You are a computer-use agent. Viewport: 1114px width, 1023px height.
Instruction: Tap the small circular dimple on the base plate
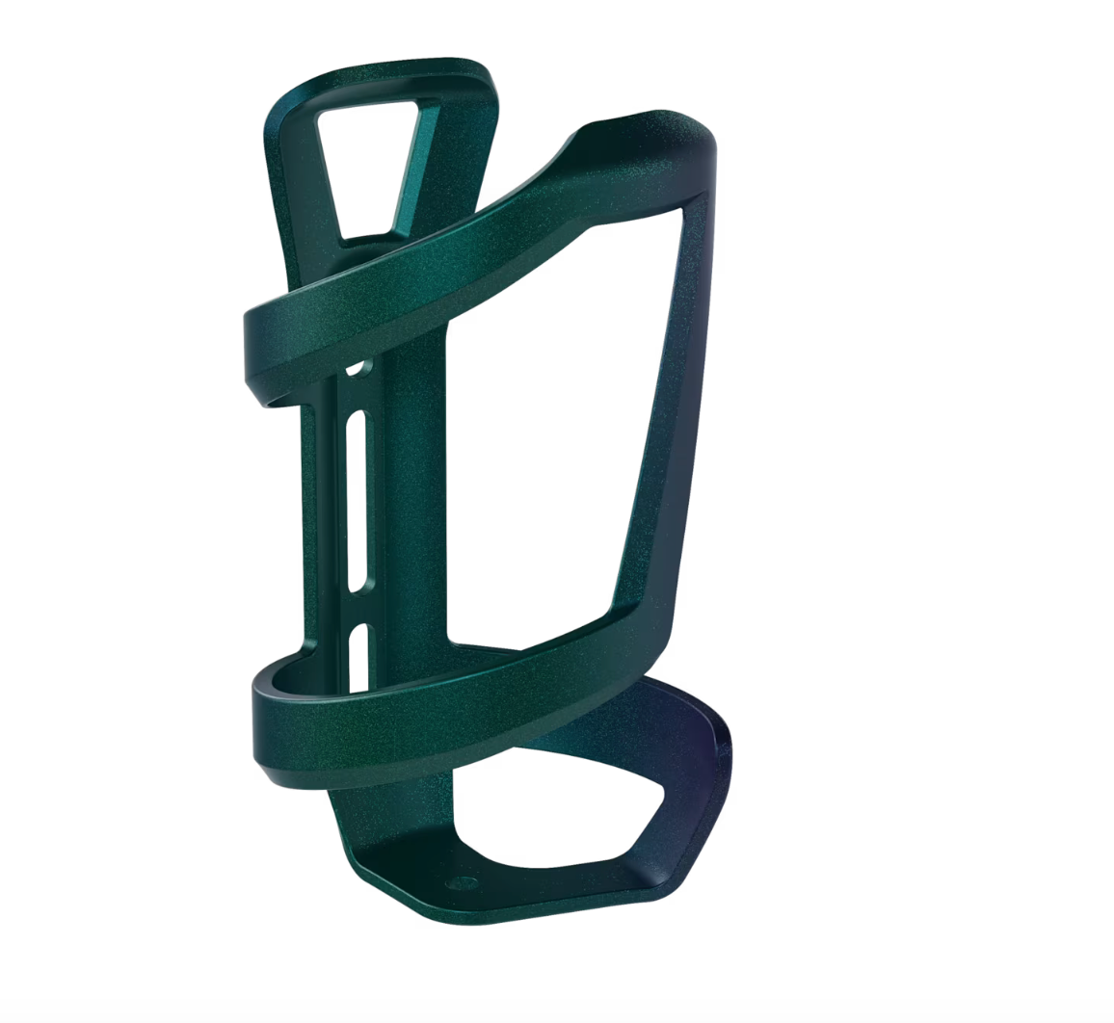(x=460, y=880)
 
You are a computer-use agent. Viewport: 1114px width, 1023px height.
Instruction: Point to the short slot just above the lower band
(x=358, y=655)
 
